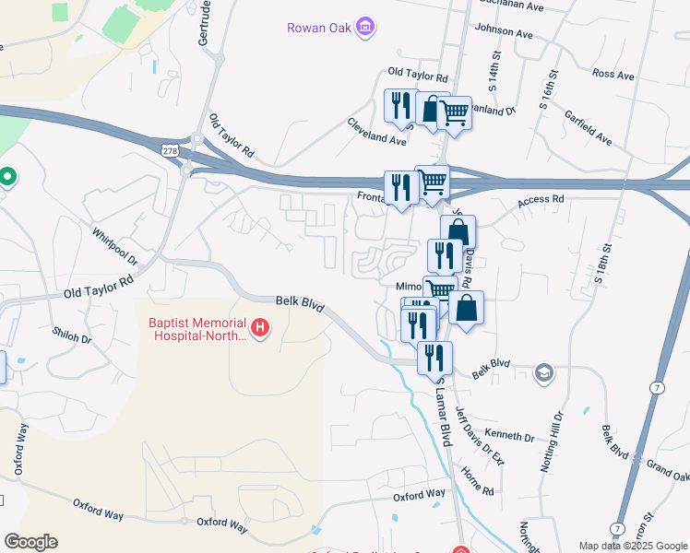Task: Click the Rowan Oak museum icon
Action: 366,27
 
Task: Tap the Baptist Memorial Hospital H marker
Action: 261,327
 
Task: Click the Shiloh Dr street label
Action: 72,337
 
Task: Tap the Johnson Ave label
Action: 505,33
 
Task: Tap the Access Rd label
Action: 541,199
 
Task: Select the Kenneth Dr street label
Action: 509,435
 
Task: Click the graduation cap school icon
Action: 545,373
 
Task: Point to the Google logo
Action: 30,542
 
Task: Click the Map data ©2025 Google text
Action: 633,546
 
